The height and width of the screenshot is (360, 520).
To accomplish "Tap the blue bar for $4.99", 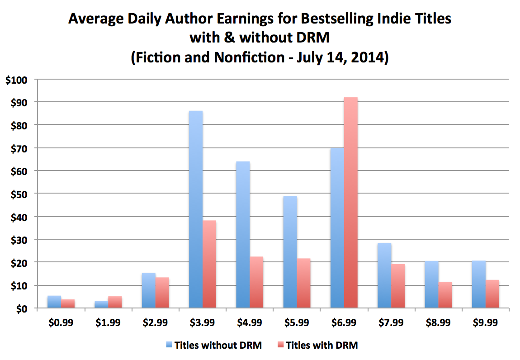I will tap(243, 235).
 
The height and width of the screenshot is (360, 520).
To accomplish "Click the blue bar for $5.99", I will tap(290, 252).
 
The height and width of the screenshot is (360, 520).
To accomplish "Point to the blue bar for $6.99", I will tap(337, 228).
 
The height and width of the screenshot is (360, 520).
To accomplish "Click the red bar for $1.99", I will tap(115, 302).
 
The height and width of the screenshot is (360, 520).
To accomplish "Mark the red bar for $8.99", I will tap(445, 295).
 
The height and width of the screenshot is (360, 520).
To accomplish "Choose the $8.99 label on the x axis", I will tap(438, 323).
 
